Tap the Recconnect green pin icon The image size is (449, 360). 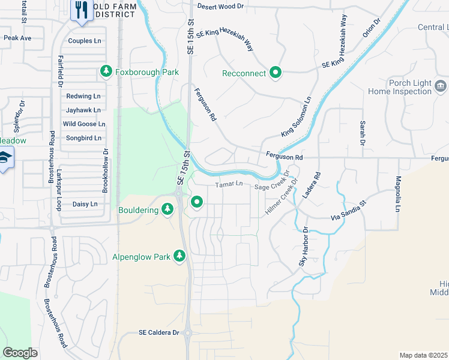(x=276, y=73)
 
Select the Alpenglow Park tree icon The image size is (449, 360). (x=179, y=257)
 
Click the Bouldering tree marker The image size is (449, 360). (x=167, y=209)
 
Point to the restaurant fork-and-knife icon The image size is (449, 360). (x=80, y=10)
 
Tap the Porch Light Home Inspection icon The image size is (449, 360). (x=441, y=86)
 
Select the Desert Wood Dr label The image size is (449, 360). (x=221, y=7)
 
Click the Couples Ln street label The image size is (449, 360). (x=85, y=41)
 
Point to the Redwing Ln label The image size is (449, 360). (x=83, y=96)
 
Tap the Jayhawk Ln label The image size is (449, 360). (x=83, y=110)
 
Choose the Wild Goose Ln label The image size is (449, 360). (x=84, y=124)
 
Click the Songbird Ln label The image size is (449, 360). (x=83, y=138)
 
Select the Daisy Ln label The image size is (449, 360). (x=85, y=204)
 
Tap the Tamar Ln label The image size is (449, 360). (x=229, y=184)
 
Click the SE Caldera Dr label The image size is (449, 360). (x=159, y=332)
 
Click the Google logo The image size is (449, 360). (x=20, y=352)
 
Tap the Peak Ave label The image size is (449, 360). (x=17, y=37)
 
